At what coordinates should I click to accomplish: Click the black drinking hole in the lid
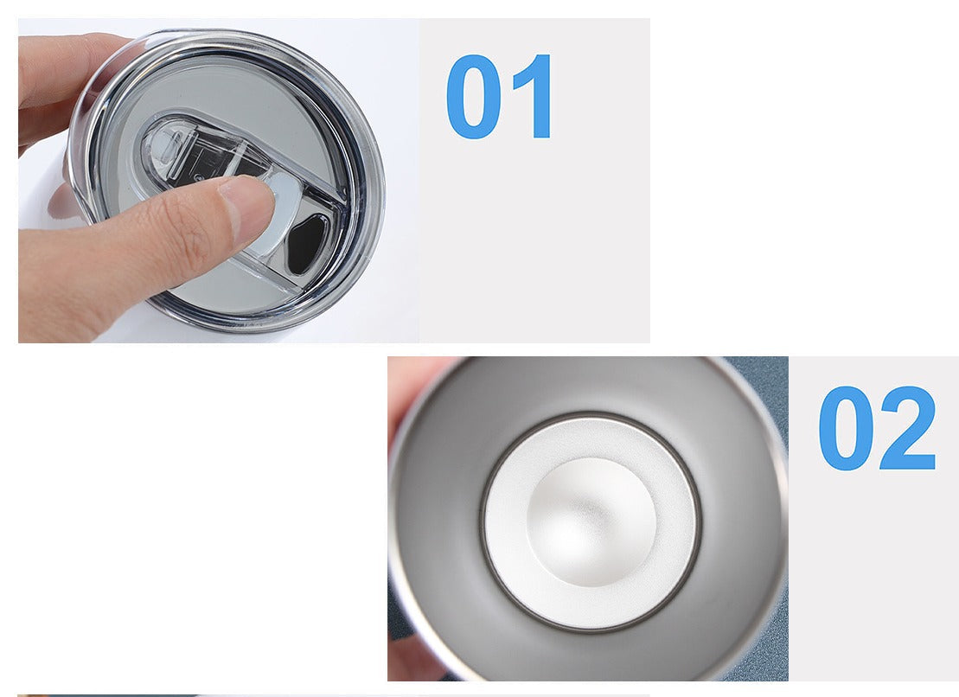[x=307, y=244]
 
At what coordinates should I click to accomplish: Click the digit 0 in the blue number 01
[x=473, y=97]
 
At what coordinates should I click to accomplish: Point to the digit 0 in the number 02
[x=845, y=428]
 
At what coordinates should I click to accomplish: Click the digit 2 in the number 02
[x=908, y=427]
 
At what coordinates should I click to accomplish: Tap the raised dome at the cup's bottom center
[x=591, y=521]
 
